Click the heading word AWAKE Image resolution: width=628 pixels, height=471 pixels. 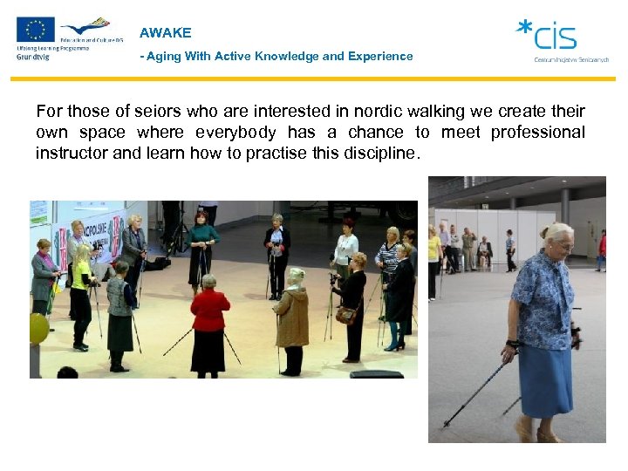[x=165, y=33]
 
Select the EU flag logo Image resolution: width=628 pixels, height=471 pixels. [x=35, y=30]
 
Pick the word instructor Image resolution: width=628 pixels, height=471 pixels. [x=71, y=154]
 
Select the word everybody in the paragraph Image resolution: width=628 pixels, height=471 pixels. [x=233, y=133]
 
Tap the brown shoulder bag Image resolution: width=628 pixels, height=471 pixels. [x=345, y=314]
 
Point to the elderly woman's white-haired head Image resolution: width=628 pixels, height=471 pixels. [x=557, y=236]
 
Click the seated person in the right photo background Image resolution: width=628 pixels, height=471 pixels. [x=484, y=251]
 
